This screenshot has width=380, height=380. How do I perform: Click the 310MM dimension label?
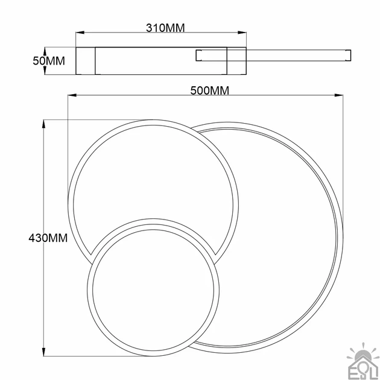pyautogui.click(x=165, y=28)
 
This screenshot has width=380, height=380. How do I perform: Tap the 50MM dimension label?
pyautogui.click(x=49, y=60)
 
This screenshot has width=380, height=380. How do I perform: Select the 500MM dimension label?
pyautogui.click(x=210, y=90)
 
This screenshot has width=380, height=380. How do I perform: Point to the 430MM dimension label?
pyautogui.click(x=48, y=238)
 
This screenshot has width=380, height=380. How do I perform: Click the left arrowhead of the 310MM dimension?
pyautogui.click(x=80, y=33)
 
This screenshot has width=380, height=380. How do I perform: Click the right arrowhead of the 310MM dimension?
pyautogui.click(x=242, y=33)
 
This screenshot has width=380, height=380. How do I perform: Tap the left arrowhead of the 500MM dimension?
pyautogui.click(x=72, y=95)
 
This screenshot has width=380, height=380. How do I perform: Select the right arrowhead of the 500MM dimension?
pyautogui.click(x=339, y=95)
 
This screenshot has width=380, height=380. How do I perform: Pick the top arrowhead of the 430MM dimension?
pyautogui.click(x=44, y=124)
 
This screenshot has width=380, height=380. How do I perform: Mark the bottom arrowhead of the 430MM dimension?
pyautogui.click(x=44, y=352)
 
